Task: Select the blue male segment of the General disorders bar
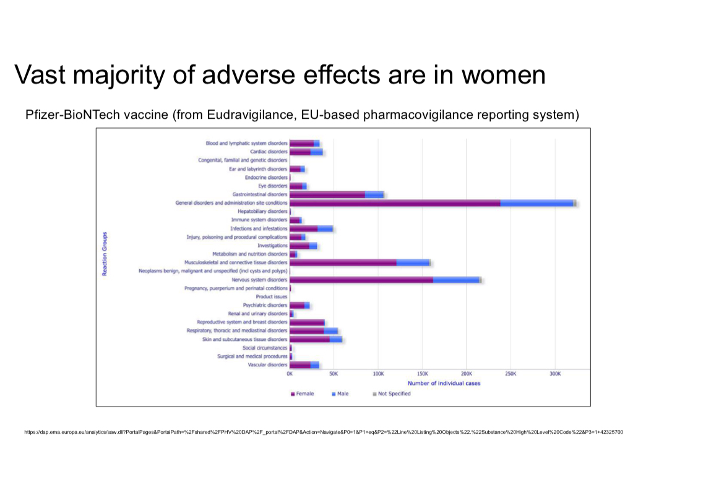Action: coord(536,203)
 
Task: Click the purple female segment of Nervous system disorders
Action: coord(361,280)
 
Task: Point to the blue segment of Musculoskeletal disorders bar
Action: coord(413,262)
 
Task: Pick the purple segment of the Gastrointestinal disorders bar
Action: coord(327,194)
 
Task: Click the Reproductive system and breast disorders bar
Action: coord(307,322)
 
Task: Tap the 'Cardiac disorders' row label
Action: coord(269,152)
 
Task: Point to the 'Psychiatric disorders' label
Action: coord(265,305)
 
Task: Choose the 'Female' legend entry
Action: coord(303,393)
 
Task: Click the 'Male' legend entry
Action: coord(341,393)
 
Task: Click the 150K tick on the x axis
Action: coord(423,374)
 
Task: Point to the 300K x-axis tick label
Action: coord(555,374)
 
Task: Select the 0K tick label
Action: coord(290,374)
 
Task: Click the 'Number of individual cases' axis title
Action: coord(444,384)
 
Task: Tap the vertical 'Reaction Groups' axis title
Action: coord(105,254)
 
